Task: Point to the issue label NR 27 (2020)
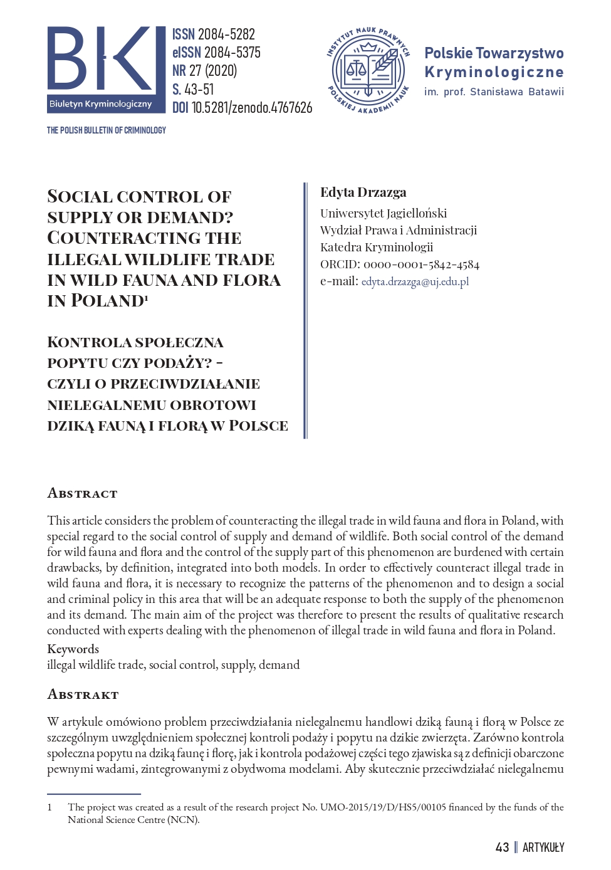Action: [204, 71]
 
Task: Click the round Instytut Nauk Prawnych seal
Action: [368, 71]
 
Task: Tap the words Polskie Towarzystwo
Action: [494, 53]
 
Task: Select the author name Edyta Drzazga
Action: [363, 192]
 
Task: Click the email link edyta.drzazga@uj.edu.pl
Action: [415, 281]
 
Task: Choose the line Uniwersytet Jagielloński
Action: [384, 213]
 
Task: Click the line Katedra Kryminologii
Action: [377, 247]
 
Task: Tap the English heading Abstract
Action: [82, 493]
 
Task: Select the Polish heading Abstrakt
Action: [83, 694]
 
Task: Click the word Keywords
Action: [73, 649]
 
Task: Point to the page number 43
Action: [502, 847]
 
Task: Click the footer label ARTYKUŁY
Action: [543, 847]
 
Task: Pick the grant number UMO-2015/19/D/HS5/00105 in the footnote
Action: [383, 807]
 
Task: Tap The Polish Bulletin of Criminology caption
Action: [107, 130]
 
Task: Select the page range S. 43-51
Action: [193, 90]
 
